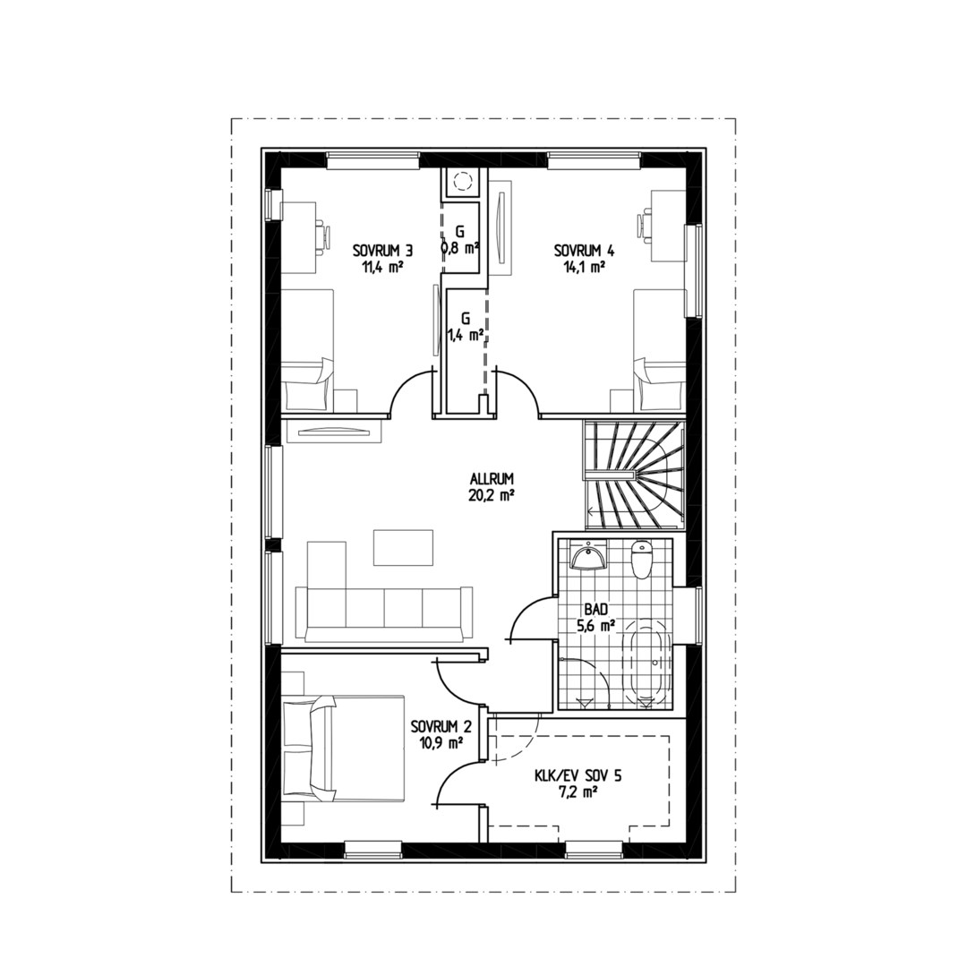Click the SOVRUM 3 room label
[x=382, y=251]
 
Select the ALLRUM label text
[x=492, y=478]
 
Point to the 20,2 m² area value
[x=492, y=494]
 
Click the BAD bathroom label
[x=595, y=610]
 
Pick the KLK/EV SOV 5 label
[x=578, y=775]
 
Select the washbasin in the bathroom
[x=587, y=556]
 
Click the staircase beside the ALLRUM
[x=633, y=475]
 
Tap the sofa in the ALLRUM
[x=385, y=613]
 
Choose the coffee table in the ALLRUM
[x=403, y=546]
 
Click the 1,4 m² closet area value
[x=465, y=334]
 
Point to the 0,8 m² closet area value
[x=461, y=247]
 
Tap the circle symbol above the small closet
[x=462, y=181]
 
